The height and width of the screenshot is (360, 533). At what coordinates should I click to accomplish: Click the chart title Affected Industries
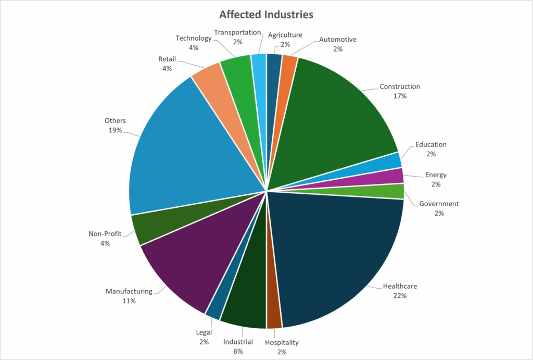tap(266, 14)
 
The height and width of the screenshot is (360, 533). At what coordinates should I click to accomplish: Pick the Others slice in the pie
tap(187, 151)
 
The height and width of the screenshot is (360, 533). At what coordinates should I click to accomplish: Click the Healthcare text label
tap(400, 286)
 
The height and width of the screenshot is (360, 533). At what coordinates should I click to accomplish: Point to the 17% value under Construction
tap(400, 96)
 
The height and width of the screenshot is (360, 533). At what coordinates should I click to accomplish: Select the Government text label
tap(439, 204)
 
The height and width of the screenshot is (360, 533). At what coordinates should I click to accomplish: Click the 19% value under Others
tap(115, 130)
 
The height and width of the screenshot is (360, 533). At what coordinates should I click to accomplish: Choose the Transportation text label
tap(237, 32)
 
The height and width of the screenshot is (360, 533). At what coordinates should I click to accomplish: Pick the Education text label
tap(431, 144)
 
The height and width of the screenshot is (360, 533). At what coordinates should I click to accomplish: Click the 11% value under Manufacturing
tap(129, 301)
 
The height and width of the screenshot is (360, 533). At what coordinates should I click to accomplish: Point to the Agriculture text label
tap(285, 35)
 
